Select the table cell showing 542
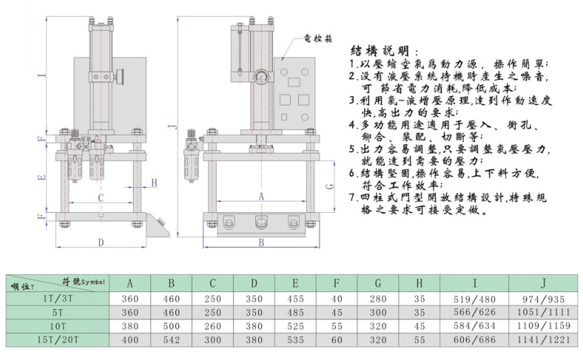[x=172, y=341]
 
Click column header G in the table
[x=378, y=282]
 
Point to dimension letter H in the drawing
[x=155, y=183]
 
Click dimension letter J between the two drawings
[x=172, y=127]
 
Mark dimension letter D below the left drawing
[x=101, y=243]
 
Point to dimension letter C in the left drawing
[x=100, y=198]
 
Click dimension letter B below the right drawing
[x=260, y=242]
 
